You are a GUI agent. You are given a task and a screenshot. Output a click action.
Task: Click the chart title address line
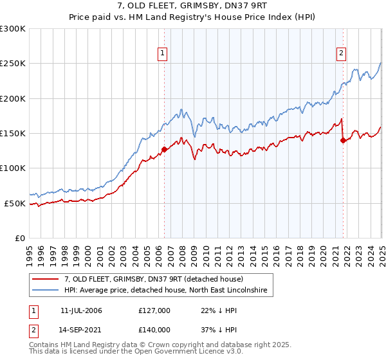click(x=193, y=6)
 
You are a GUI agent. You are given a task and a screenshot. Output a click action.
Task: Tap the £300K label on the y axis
click(x=13, y=29)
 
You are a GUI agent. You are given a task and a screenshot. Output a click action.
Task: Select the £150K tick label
click(x=13, y=134)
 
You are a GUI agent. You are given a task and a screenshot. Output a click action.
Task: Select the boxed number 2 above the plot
click(x=341, y=53)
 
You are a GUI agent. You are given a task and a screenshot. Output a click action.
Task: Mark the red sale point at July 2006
click(x=164, y=150)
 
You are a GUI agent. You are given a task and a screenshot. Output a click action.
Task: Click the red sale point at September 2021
click(x=343, y=141)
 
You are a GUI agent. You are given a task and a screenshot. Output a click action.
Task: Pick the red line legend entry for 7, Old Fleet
click(x=153, y=280)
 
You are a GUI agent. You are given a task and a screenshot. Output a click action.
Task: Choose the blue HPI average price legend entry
click(x=169, y=291)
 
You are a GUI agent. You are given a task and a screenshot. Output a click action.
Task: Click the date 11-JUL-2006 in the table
click(x=81, y=310)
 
